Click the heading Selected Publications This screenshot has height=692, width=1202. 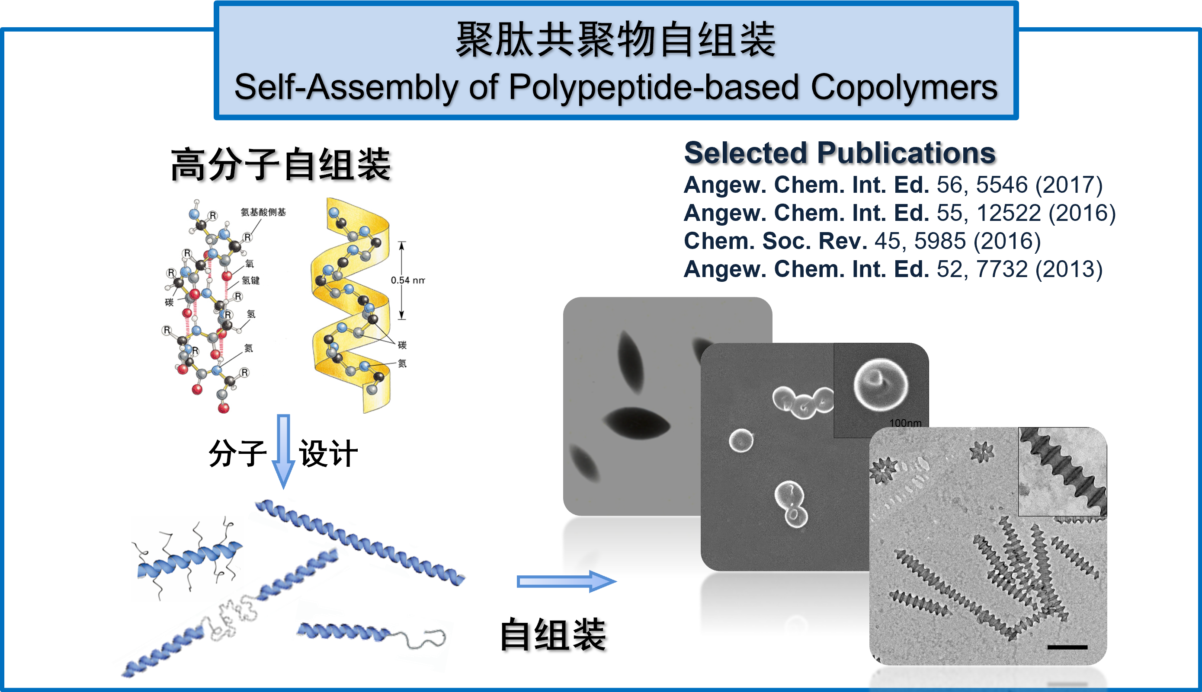[840, 153]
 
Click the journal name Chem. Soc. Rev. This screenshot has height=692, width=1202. [775, 241]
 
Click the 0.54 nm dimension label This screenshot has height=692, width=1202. [407, 281]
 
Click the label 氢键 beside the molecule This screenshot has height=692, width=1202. [250, 281]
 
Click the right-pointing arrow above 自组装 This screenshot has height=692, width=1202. [566, 581]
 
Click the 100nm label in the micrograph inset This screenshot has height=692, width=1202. [905, 423]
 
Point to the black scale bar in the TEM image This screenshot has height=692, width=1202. [1067, 647]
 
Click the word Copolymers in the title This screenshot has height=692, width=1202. [904, 87]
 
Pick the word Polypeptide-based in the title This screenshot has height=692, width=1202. [654, 87]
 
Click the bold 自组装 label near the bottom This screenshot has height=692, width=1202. [553, 635]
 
